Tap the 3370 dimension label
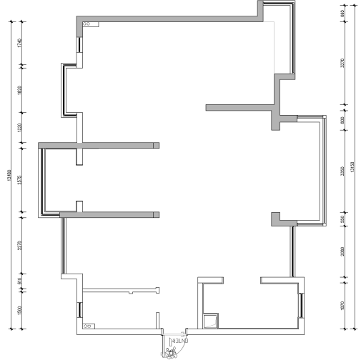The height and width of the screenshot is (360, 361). tap(342, 64)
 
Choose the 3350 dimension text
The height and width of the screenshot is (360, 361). tap(342, 171)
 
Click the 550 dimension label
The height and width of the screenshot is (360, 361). tap(342, 221)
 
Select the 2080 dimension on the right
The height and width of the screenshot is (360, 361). tap(342, 251)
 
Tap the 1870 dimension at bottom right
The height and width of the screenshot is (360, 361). tap(342, 305)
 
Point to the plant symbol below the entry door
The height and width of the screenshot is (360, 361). tap(171, 351)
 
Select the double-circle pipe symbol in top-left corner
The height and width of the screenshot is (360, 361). tap(86, 24)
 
